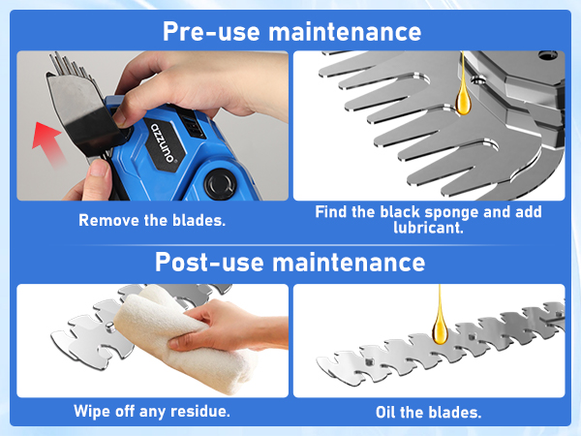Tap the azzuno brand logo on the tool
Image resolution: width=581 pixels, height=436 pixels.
pyautogui.click(x=162, y=142)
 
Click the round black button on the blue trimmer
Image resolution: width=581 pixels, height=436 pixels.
pyautogui.click(x=221, y=184)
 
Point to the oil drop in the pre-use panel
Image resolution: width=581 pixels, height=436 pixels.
pyautogui.click(x=463, y=98)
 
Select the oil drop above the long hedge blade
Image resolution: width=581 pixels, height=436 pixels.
pyautogui.click(x=440, y=327)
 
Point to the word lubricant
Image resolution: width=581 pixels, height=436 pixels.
pyautogui.click(x=428, y=228)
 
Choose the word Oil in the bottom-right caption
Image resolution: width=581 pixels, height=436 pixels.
pyautogui.click(x=385, y=413)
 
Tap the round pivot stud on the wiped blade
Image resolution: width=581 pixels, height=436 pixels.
pyautogui.click(x=109, y=327)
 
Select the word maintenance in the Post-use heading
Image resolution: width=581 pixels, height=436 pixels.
pyautogui.click(x=349, y=263)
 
